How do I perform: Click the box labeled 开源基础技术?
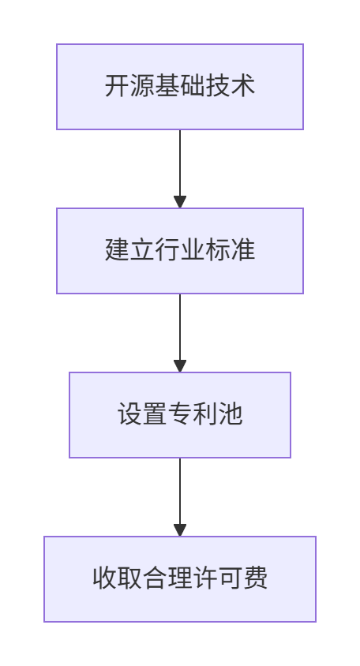180,87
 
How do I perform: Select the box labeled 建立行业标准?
180,251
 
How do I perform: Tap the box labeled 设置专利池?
180,415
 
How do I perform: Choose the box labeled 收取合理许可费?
180,579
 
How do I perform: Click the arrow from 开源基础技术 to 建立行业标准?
180,169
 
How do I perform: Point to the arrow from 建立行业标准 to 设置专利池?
180,333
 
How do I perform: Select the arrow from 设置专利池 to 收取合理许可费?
180,497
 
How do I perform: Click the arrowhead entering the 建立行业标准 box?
180,202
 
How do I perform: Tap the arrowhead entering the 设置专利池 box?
180,366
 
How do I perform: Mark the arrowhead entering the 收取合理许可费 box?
180,530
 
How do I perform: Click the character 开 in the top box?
118,86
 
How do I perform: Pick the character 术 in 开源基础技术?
242,86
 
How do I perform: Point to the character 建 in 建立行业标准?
118,250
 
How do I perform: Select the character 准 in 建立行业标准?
242,250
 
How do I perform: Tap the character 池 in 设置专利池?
230,414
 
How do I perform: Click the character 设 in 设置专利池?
129,414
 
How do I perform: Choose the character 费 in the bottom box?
255,578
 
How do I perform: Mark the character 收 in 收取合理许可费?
104,578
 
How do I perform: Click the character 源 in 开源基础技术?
142,86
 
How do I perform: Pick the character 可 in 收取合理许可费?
230,578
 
